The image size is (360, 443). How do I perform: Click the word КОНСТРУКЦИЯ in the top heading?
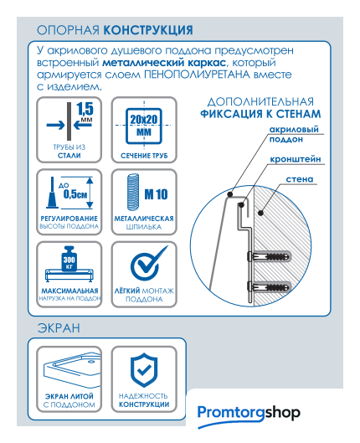[x=148, y=30]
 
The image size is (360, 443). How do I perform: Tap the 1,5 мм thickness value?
[x=85, y=111]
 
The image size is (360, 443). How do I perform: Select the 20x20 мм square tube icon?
[x=144, y=126]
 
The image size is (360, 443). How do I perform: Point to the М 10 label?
[x=156, y=194]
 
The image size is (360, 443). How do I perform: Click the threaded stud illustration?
[x=133, y=192]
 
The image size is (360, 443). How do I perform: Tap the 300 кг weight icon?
[x=69, y=259]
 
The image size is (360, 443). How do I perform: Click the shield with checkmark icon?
[x=144, y=370]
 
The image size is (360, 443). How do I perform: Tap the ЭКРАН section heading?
[x=59, y=328]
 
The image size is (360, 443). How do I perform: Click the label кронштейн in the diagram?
[x=296, y=159]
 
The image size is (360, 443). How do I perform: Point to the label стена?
[x=300, y=179]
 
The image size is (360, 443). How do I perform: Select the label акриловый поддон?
[x=294, y=134]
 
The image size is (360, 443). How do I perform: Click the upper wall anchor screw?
[x=269, y=257]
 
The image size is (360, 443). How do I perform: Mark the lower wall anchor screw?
[x=269, y=287]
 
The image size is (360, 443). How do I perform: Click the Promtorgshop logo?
[x=249, y=415]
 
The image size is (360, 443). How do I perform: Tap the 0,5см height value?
[x=75, y=194]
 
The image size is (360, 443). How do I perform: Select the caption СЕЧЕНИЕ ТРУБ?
[x=144, y=156]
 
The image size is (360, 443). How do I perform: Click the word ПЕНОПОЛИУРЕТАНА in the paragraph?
[x=197, y=75]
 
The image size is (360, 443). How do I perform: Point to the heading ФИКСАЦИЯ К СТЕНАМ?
[x=260, y=114]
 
